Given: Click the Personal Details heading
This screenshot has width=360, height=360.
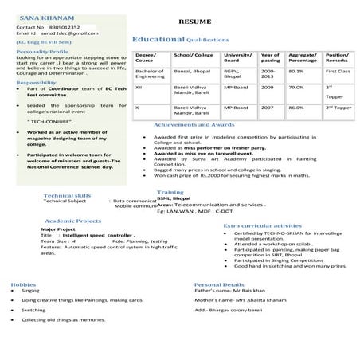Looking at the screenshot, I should (219, 284).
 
